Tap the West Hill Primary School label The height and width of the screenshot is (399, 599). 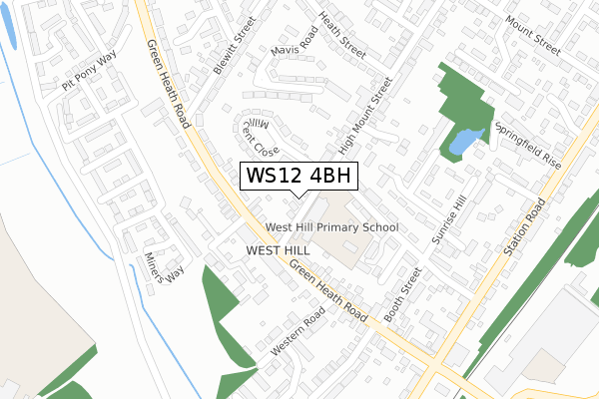[x=331, y=227]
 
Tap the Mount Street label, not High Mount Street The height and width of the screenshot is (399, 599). [x=532, y=33]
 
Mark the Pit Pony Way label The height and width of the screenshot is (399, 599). [x=89, y=73]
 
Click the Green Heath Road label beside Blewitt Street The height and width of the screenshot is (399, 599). [x=168, y=85]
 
